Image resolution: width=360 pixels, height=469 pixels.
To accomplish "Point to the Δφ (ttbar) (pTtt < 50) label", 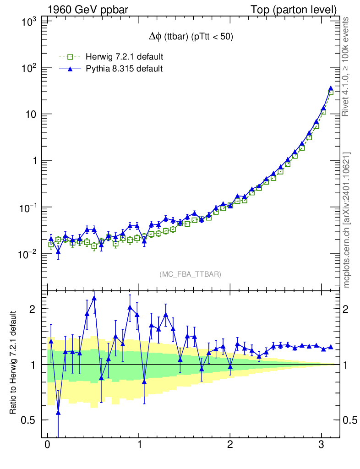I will (189, 38).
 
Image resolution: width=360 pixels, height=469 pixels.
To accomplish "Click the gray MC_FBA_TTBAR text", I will (191, 274).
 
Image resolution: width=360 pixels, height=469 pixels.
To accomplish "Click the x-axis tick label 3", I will (321, 446).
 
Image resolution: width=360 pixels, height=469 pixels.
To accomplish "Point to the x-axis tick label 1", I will (139, 446).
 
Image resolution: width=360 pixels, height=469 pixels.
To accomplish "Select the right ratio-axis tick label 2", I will (349, 309).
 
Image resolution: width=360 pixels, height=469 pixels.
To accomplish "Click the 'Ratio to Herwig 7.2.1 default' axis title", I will (13, 363).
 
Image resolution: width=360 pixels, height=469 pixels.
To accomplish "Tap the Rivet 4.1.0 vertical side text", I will (346, 66).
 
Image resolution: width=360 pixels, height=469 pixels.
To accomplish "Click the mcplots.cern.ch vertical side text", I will (346, 220).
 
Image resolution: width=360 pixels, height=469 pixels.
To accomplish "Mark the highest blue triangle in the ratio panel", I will (94, 298).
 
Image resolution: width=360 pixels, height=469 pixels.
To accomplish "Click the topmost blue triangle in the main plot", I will (331, 88).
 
